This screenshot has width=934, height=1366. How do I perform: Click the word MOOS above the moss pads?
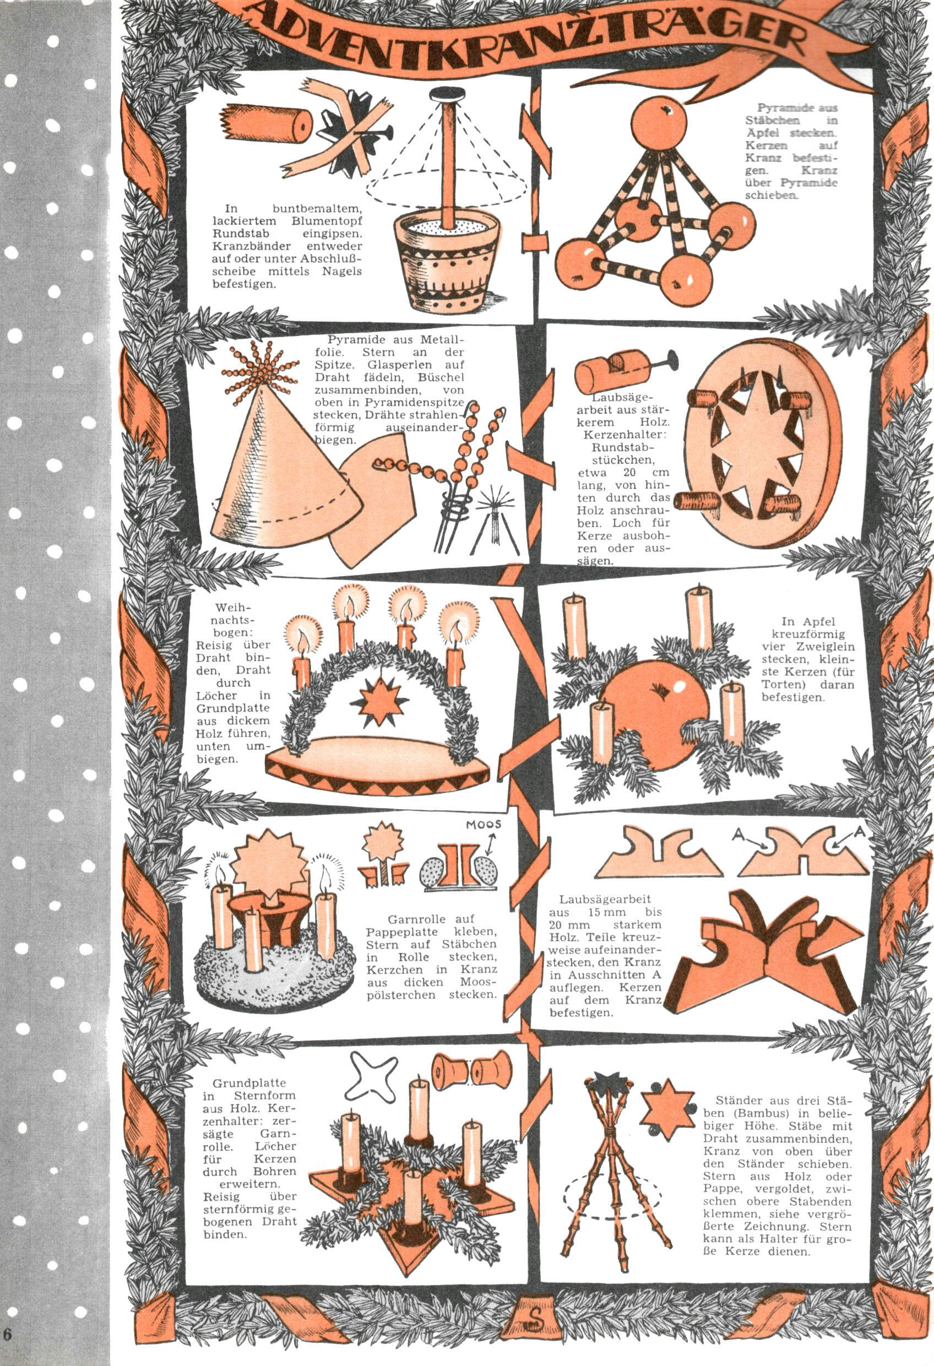(x=484, y=825)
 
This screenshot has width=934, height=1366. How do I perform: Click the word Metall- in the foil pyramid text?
(x=442, y=340)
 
